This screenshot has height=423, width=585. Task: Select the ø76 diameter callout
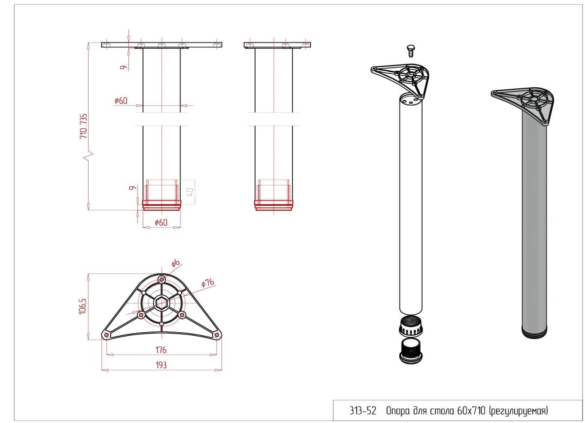208,283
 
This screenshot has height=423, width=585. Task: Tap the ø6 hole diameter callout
175,263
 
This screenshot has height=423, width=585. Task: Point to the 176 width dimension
161,350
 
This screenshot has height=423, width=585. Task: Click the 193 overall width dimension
161,365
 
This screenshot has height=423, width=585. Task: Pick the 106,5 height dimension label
83,306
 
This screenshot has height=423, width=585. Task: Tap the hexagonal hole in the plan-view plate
161,303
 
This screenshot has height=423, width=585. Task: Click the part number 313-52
363,411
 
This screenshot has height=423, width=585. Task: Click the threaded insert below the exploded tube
411,326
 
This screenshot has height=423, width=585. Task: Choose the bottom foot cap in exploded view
411,351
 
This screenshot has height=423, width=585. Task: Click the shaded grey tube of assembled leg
534,224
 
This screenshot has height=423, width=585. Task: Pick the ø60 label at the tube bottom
161,222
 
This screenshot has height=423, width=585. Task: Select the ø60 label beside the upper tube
121,101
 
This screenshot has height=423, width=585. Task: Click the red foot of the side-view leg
274,205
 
